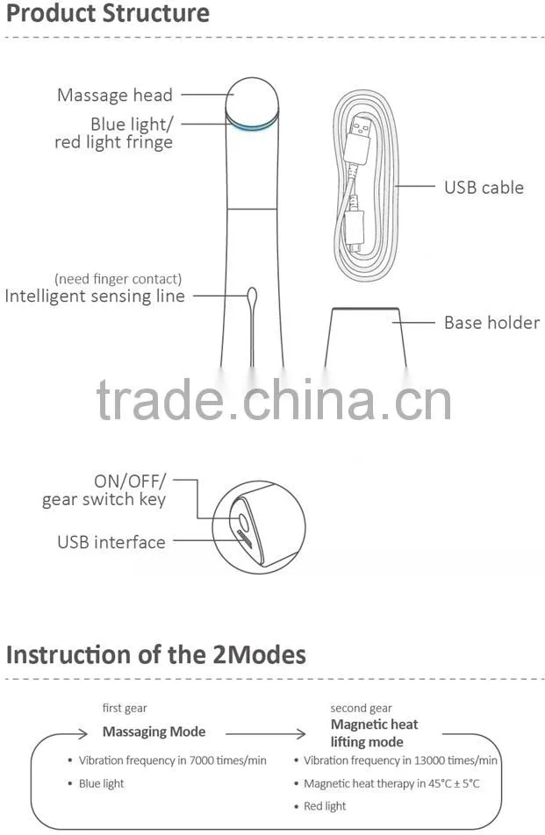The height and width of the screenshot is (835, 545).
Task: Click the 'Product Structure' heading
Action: tap(108, 13)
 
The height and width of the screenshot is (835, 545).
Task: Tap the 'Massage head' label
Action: tap(115, 95)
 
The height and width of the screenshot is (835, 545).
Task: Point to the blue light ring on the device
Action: tap(252, 123)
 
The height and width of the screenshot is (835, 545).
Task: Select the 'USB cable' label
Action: tap(484, 188)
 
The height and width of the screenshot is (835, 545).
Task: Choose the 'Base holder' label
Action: tap(491, 323)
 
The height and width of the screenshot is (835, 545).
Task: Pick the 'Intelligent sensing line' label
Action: tap(95, 296)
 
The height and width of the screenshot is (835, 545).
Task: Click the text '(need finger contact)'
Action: tap(118, 279)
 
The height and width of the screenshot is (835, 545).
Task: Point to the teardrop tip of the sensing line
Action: tap(253, 295)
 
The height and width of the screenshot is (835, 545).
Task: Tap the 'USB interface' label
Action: tap(111, 542)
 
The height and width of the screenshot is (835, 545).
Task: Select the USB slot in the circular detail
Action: tap(245, 539)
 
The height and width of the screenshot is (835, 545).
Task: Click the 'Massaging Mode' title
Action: tap(154, 732)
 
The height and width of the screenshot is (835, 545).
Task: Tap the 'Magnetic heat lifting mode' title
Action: tap(375, 732)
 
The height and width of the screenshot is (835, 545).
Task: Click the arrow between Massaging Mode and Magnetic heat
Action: tap(265, 734)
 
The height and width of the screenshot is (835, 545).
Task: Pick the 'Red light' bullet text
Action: tap(325, 806)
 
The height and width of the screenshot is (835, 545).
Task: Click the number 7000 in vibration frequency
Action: tap(201, 760)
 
